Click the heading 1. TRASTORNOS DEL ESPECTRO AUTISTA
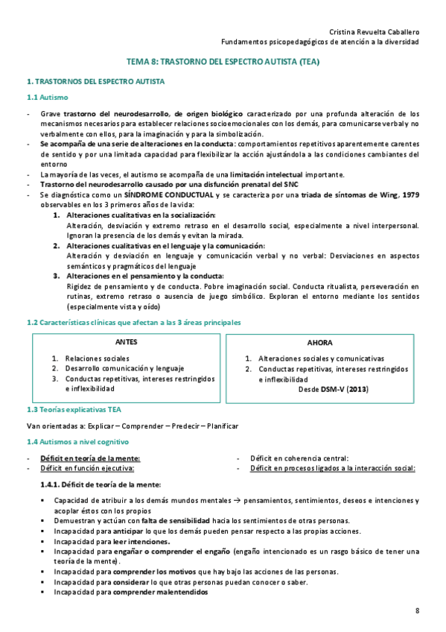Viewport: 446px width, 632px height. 95,80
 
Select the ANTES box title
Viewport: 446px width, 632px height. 127,342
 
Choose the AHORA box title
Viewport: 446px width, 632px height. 320,343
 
